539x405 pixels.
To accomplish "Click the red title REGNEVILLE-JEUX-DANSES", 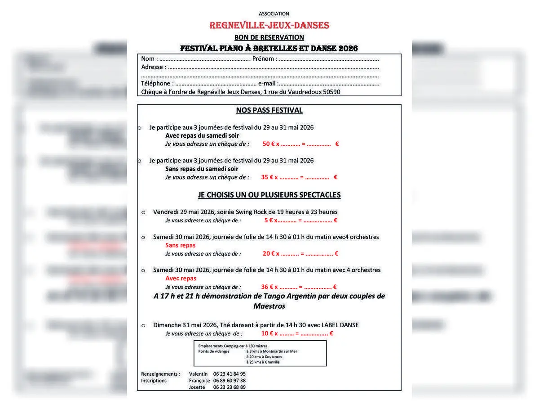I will [x=269, y=26].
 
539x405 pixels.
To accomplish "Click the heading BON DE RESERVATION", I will [x=269, y=37].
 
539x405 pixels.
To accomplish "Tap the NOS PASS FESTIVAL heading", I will [x=269, y=110].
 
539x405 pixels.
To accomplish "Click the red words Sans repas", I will [x=181, y=245].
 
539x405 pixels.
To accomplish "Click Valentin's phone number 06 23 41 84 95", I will [x=229, y=374].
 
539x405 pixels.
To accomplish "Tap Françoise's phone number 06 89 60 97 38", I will [x=229, y=381].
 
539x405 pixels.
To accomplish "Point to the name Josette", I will [x=197, y=387].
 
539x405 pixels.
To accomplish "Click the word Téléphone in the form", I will [x=155, y=84].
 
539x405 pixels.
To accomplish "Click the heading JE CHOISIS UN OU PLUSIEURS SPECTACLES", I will [x=269, y=195].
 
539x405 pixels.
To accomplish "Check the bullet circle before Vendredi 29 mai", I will [x=143, y=212].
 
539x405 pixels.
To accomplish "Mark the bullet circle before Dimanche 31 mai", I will [x=143, y=325].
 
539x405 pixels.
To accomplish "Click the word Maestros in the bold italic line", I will [x=269, y=306].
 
